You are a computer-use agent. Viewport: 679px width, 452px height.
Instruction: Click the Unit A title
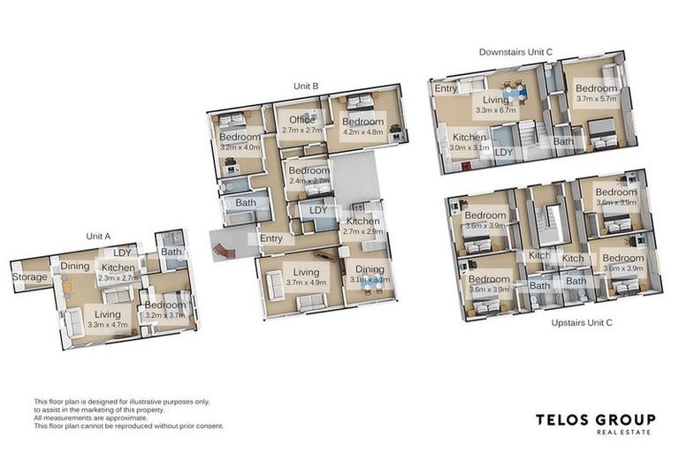pos(98,237)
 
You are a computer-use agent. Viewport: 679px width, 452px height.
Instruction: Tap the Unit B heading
pos(306,87)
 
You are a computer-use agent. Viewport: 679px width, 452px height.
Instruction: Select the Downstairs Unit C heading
pos(515,53)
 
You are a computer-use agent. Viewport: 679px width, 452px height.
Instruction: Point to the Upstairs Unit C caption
pos(582,322)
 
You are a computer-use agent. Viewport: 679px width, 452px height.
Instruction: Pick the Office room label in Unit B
pos(301,120)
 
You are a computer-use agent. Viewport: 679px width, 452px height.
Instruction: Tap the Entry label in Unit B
pos(271,238)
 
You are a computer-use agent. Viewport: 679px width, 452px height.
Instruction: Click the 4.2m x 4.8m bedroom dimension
pos(362,131)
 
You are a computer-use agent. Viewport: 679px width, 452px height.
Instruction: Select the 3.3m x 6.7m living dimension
pos(495,111)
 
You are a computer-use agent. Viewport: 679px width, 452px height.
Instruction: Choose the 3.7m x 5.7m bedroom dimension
pos(597,100)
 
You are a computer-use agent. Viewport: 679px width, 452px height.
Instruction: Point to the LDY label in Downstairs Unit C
pos(504,153)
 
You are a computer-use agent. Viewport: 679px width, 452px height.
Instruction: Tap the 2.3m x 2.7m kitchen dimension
pos(118,278)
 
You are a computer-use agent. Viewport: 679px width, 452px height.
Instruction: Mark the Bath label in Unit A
pos(172,252)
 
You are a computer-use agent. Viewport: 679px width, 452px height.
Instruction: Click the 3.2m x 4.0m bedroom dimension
pos(240,147)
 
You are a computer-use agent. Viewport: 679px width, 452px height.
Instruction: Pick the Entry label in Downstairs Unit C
pos(446,88)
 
